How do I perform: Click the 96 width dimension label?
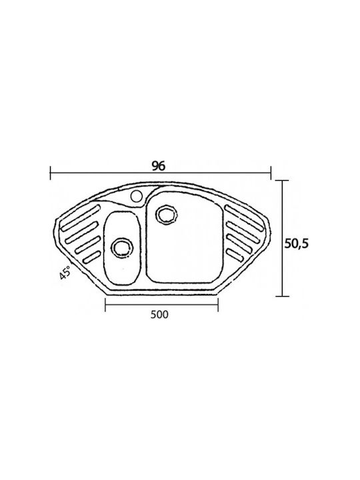(159, 166)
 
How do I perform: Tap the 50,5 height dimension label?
(297, 244)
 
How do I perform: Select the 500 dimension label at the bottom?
(159, 315)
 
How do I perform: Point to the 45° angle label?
(65, 272)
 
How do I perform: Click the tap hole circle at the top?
(136, 196)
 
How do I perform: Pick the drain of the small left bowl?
(122, 247)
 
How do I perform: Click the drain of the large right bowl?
(167, 214)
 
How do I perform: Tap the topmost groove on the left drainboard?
(81, 217)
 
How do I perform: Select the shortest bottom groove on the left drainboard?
(92, 257)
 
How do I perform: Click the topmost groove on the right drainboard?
(245, 217)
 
